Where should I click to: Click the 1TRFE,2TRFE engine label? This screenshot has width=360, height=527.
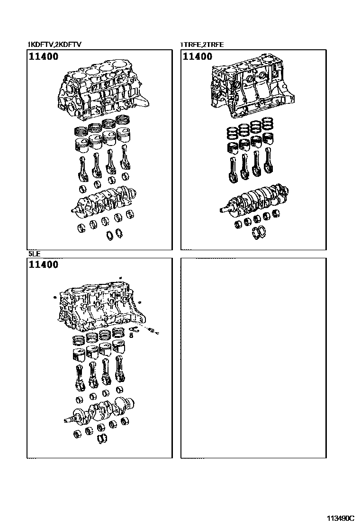pos(202,45)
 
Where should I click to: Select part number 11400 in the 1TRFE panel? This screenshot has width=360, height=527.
pos(198,57)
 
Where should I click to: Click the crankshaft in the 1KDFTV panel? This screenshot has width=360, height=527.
pos(105,201)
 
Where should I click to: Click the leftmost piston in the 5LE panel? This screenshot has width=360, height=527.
pos(77,354)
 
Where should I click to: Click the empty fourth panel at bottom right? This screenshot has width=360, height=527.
pos(253,358)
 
